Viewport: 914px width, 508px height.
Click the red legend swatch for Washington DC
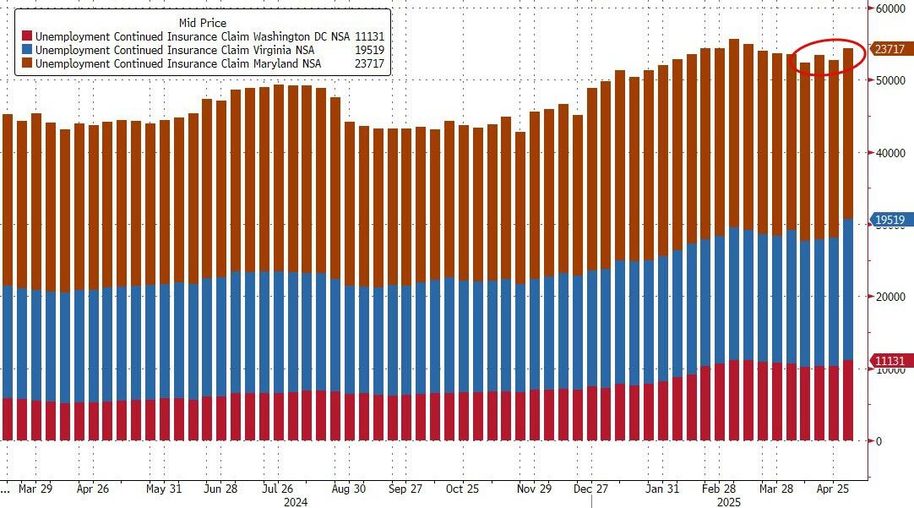27,36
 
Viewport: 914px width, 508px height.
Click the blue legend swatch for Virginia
27,50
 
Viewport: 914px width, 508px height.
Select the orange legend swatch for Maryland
27,63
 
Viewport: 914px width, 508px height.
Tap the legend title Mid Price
203,23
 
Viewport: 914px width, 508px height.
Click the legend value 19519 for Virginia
372,50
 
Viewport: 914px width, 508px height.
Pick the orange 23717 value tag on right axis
890,50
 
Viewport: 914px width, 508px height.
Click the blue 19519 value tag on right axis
890,221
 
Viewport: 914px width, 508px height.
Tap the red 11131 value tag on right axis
890,362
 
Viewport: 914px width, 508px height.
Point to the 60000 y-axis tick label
890,8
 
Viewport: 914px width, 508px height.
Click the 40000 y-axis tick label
890,152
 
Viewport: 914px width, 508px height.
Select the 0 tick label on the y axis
879,441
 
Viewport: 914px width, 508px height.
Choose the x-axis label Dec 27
590,489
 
